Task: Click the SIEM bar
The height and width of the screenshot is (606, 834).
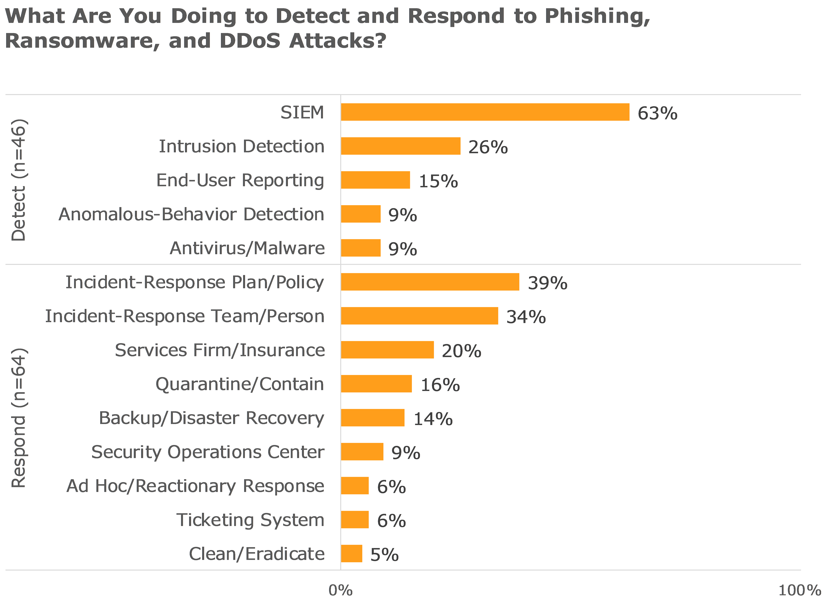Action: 485,112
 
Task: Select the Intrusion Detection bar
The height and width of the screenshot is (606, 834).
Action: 400,146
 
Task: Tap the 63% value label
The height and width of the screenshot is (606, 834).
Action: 657,113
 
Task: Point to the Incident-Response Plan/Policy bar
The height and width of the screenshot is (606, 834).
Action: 430,282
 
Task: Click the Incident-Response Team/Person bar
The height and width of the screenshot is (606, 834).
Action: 419,316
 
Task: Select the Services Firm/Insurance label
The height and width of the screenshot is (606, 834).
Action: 220,350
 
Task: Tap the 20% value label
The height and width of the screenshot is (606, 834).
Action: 461,351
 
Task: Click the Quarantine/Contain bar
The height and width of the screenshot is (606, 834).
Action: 376,384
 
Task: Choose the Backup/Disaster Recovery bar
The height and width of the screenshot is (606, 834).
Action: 373,418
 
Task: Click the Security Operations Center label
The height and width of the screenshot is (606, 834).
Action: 208,452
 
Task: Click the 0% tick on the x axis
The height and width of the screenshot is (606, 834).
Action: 340,591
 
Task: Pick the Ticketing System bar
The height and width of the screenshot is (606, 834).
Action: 354,520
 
